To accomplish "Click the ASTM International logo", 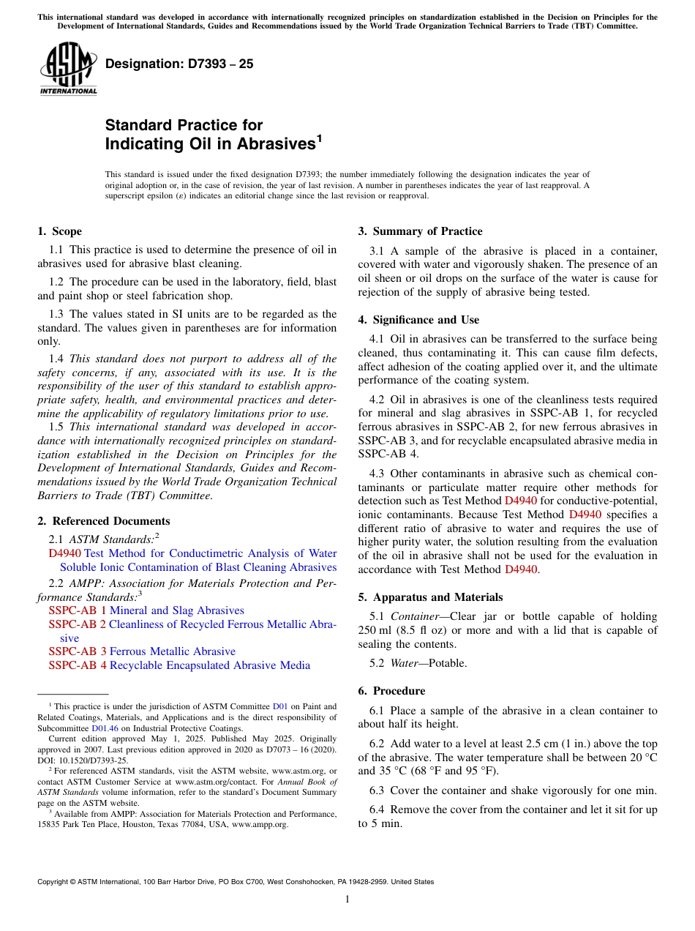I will coord(68,69).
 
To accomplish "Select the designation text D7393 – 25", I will coord(179,64).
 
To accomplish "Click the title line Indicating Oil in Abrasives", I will coord(211,144).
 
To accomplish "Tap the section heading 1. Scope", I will coord(59,231).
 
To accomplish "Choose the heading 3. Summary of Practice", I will coord(420,231).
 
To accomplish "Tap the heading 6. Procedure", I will coord(391,691).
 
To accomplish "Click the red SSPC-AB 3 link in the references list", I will coord(78,651).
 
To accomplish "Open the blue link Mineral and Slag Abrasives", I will coord(177,610).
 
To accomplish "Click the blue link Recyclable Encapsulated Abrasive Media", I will coord(210,665).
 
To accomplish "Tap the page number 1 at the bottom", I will coord(347,900).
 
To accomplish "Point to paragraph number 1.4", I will coord(56,359).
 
